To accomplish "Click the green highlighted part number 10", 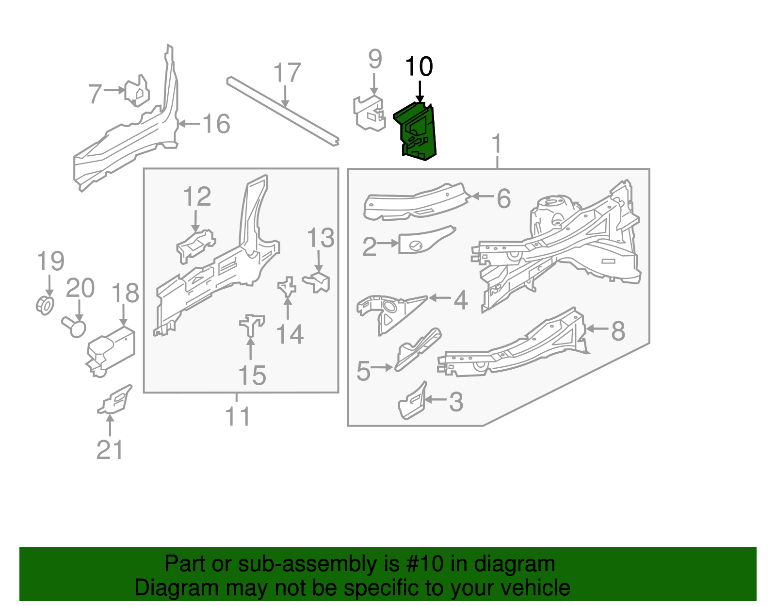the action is tap(417, 131).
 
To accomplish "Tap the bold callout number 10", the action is tap(419, 66).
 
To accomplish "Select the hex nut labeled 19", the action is tap(46, 305).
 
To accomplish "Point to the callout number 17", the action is tap(287, 72).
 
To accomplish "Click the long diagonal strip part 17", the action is tap(282, 111).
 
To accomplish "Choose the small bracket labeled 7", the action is tap(137, 91).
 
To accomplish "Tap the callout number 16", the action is tap(216, 124).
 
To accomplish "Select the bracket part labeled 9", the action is tap(370, 113).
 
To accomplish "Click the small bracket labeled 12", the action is tap(195, 246).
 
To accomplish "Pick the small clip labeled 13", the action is tap(317, 282).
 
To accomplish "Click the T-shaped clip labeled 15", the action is tap(252, 325).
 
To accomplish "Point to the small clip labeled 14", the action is tap(287, 286).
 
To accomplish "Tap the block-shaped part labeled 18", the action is tap(111, 350).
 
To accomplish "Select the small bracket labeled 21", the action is tap(115, 400).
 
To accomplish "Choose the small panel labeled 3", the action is tap(412, 401).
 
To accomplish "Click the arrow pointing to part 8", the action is tap(597, 328).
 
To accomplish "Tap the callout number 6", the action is tap(503, 198).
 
